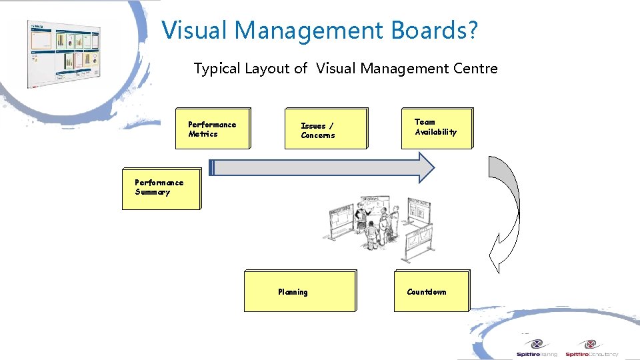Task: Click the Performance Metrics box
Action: tap(213, 128)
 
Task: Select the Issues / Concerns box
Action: tap(326, 128)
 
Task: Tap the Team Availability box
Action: tap(437, 128)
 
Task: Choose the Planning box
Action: tap(299, 291)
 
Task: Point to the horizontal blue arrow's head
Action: tap(425, 167)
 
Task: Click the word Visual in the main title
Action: tap(195, 30)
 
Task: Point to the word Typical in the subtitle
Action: tap(215, 68)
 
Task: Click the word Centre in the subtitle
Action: tap(475, 68)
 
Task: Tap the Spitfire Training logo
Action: tap(537, 349)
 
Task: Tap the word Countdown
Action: tap(427, 292)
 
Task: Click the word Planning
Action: tap(293, 292)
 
